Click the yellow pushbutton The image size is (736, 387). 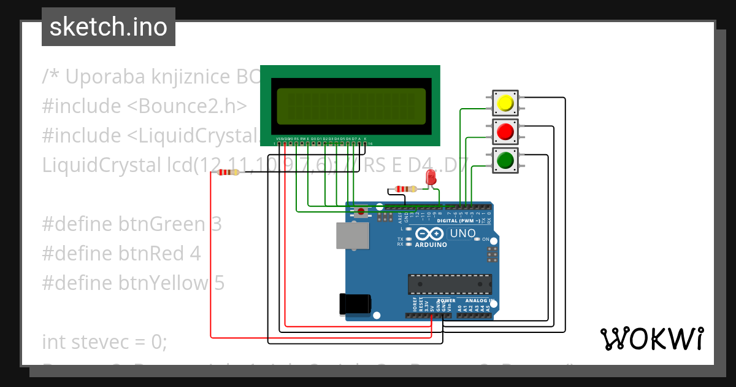pyautogui.click(x=505, y=103)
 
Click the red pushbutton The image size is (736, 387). pyautogui.click(x=505, y=131)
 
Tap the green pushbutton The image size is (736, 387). pyautogui.click(x=505, y=161)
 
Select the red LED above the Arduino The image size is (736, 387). pyautogui.click(x=431, y=178)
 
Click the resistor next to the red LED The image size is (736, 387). pyautogui.click(x=404, y=189)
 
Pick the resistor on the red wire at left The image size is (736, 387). pyautogui.click(x=228, y=173)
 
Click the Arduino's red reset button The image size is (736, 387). pyautogui.click(x=362, y=212)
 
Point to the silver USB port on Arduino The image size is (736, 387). pyautogui.click(x=353, y=235)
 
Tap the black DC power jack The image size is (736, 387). pyautogui.click(x=355, y=304)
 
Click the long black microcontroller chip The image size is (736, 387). pyautogui.click(x=450, y=284)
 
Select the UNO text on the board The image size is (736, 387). pyautogui.click(x=463, y=233)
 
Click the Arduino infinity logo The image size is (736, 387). pyautogui.click(x=429, y=234)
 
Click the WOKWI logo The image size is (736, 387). pyautogui.click(x=651, y=338)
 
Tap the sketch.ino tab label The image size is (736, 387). pyautogui.click(x=109, y=27)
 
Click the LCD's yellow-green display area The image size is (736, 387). pyautogui.click(x=351, y=105)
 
